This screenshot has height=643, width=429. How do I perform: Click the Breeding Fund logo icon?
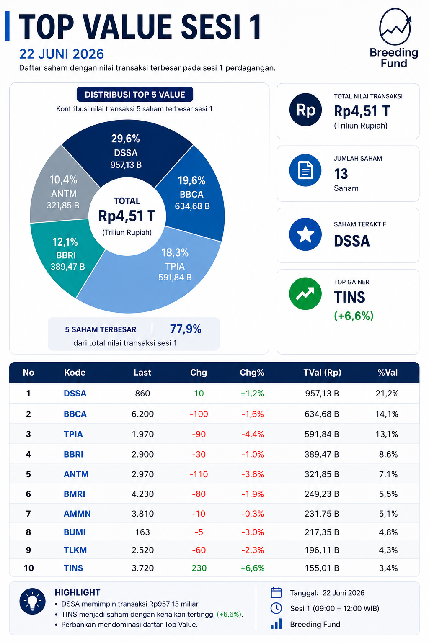coord(395,26)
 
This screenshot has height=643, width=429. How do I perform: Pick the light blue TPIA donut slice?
coord(161,275)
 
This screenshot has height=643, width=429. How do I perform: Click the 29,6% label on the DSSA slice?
coord(126,139)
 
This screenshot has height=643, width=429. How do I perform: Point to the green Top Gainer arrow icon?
coord(305,293)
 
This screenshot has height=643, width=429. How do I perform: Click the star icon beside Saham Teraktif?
coord(305,234)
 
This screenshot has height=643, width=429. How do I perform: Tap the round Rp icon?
coord(305,110)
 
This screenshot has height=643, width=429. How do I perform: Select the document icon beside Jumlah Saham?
coord(305,170)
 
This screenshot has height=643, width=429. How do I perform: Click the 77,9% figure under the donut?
coord(186,329)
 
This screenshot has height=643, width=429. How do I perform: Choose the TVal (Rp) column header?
coord(323,372)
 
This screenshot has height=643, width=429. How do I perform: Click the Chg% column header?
coord(252,372)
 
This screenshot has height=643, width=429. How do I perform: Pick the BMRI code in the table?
coord(75,494)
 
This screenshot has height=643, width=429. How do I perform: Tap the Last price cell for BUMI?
coord(142,532)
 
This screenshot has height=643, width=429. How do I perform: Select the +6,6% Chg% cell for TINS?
coord(252,568)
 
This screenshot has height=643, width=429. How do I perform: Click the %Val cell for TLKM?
coord(388,550)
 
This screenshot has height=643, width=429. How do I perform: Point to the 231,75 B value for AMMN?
coord(322,513)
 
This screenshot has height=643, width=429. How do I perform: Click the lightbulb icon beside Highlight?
coord(32,601)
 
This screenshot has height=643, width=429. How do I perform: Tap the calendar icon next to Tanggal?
coord(276,593)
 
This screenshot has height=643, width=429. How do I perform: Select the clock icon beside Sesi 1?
coord(276,608)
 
